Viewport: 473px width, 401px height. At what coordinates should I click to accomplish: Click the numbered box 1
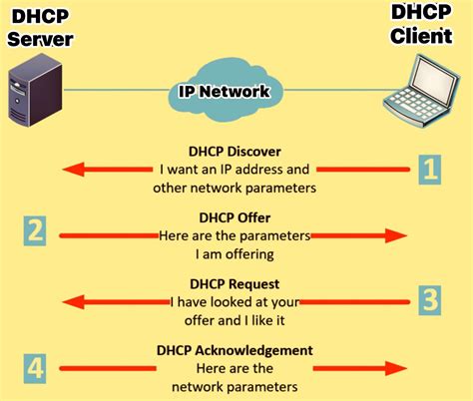pos(427,169)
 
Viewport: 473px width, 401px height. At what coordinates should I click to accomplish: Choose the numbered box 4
pos(36,368)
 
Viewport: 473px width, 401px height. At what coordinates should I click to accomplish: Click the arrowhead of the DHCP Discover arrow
pos(71,170)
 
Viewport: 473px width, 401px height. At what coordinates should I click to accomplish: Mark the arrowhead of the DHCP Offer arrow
pos(396,235)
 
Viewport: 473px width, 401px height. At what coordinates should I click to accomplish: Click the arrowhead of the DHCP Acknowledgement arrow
pos(396,369)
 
